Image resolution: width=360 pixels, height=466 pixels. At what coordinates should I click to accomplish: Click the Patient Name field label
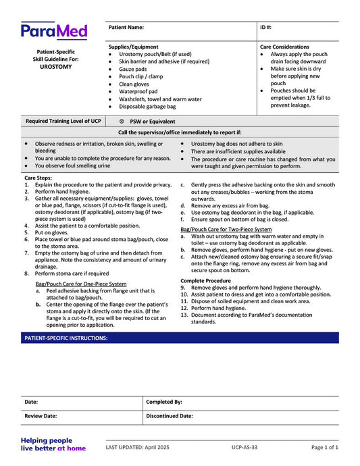click(126, 28)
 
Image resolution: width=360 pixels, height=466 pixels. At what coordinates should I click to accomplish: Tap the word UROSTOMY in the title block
click(56, 68)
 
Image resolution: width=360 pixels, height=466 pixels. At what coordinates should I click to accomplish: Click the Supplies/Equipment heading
click(134, 47)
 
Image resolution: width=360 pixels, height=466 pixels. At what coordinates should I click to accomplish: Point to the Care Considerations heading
click(285, 47)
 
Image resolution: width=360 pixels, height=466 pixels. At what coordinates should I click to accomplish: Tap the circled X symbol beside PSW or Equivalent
click(122, 122)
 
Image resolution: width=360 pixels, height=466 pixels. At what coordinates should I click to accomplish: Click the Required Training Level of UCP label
click(63, 122)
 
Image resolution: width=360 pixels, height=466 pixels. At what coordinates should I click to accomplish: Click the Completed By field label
click(164, 401)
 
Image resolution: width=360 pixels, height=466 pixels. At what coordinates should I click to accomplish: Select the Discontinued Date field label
click(170, 416)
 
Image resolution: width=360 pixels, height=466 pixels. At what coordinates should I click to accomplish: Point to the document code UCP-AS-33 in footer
click(241, 447)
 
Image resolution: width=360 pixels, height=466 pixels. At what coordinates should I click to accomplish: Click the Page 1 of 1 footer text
click(324, 447)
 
